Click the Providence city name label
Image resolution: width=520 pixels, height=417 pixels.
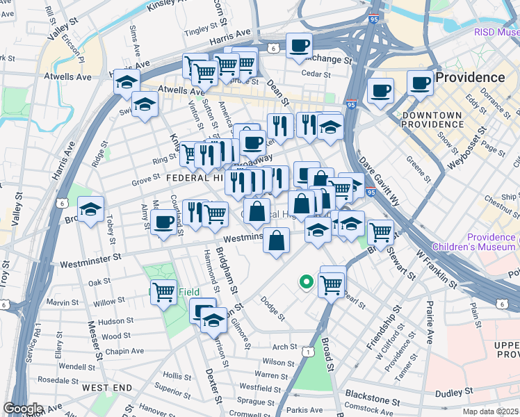(x=470, y=77)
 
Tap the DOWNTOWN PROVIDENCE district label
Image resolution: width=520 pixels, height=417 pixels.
(x=432, y=119)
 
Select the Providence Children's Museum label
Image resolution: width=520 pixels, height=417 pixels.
(x=474, y=242)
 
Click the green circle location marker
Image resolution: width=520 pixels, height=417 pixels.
(x=304, y=281)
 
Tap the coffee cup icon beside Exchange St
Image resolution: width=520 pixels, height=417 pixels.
(x=299, y=46)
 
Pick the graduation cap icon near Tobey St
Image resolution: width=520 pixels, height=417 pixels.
(x=90, y=209)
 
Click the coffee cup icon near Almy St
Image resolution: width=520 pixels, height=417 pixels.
(x=163, y=222)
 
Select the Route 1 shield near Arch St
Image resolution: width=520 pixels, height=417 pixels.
(x=305, y=352)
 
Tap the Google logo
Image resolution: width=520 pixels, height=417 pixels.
(x=23, y=409)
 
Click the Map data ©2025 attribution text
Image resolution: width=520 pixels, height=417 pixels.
(x=489, y=411)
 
